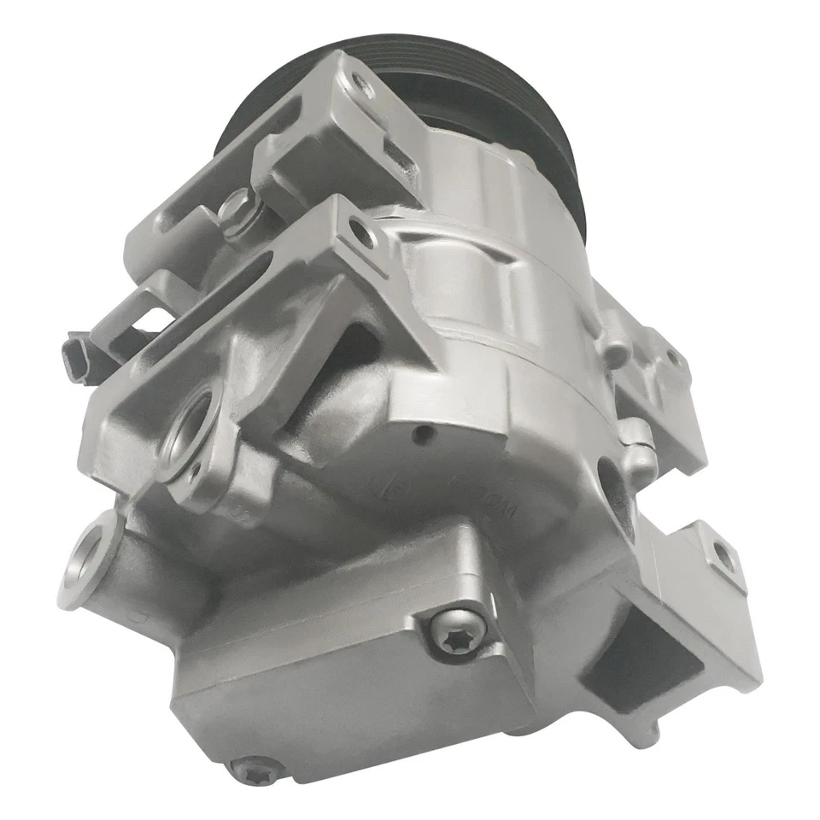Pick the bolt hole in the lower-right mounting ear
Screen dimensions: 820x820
click(724, 556)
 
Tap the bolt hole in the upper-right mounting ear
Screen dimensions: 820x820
click(675, 359)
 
